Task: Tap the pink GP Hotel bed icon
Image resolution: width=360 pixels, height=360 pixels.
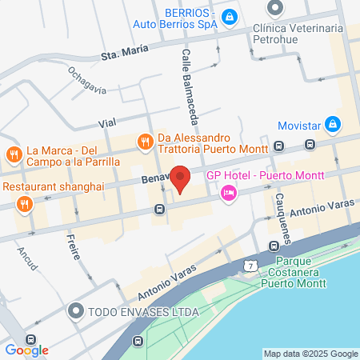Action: pos(229,193)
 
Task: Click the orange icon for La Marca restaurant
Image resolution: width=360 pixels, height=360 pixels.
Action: pos(14,154)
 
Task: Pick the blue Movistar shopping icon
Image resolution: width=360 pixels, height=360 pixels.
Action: pos(334,125)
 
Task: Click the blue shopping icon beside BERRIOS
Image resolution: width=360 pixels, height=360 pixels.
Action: pos(230,17)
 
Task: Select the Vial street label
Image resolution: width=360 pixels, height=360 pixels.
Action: pos(107,124)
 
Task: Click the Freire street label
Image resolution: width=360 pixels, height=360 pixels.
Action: pos(70,243)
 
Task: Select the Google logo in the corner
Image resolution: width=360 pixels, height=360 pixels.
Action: pos(26,350)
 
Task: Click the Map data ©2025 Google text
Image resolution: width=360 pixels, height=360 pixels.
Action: pos(311,354)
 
